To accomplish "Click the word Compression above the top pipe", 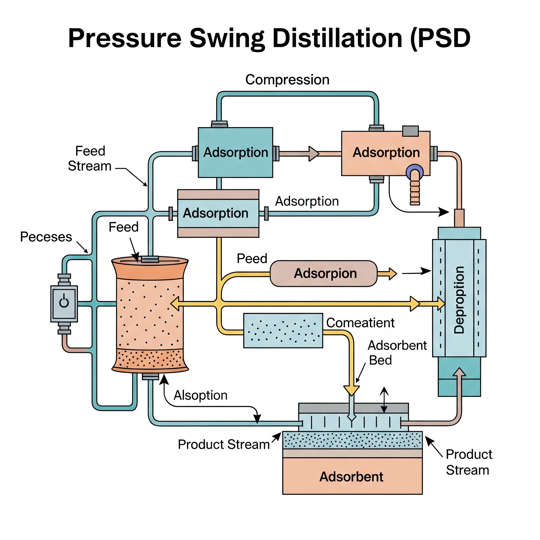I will tap(287, 80).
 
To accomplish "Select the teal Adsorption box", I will tap(235, 152).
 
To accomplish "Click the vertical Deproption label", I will tap(459, 300).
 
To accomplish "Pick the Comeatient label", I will tap(360, 323).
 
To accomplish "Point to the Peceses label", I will tap(46, 237).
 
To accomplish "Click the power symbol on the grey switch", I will tap(64, 302).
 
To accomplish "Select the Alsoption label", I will tap(200, 395).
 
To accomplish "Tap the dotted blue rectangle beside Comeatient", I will tap(283, 330).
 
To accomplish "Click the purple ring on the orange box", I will tap(414, 171).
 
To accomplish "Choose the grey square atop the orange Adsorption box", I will tap(410, 131).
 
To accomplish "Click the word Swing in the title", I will tap(227, 38).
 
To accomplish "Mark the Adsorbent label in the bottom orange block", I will tap(351, 476).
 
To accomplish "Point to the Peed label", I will tap(252, 259).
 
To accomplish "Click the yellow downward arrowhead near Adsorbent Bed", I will tap(351, 390).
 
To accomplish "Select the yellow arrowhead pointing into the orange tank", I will tap(175, 304).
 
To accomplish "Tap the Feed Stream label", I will tap(90, 158).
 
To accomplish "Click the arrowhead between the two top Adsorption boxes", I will tap(314, 153).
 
